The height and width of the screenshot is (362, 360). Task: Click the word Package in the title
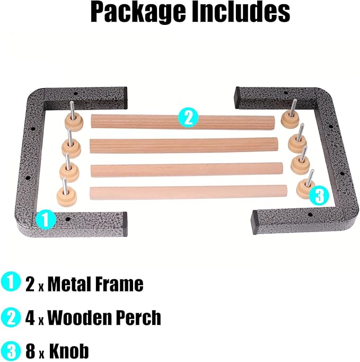(138, 12)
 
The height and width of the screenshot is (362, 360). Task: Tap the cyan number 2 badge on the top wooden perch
(188, 118)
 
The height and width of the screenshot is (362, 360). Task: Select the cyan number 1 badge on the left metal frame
(46, 219)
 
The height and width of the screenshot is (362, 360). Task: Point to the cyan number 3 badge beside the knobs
(319, 196)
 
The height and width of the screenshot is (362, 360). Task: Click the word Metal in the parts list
(69, 284)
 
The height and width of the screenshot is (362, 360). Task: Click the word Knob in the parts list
(69, 351)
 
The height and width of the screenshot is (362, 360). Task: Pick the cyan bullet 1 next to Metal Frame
(11, 282)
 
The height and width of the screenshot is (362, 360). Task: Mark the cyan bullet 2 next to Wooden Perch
(11, 316)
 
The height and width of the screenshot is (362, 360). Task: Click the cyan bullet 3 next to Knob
(11, 350)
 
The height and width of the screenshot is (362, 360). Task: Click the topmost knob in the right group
(291, 117)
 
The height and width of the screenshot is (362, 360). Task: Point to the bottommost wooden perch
(188, 192)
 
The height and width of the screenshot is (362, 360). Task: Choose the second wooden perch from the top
(183, 145)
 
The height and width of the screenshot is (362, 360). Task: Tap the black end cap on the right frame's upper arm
(238, 98)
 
